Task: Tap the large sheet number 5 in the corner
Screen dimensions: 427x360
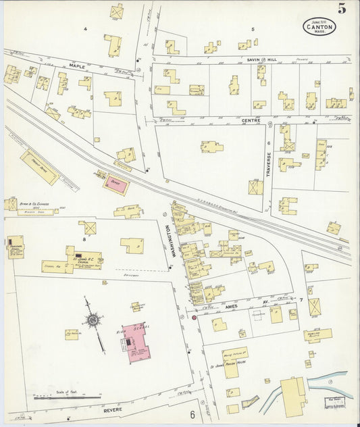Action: pyautogui.click(x=343, y=9)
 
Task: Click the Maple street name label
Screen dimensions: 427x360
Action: pyautogui.click(x=76, y=66)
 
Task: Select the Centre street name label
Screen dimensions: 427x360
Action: pyautogui.click(x=251, y=120)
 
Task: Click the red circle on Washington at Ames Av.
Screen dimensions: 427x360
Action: pyautogui.click(x=194, y=317)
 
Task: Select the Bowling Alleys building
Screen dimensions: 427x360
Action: pyautogui.click(x=317, y=334)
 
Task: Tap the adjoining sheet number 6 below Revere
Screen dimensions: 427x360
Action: pyautogui.click(x=192, y=414)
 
